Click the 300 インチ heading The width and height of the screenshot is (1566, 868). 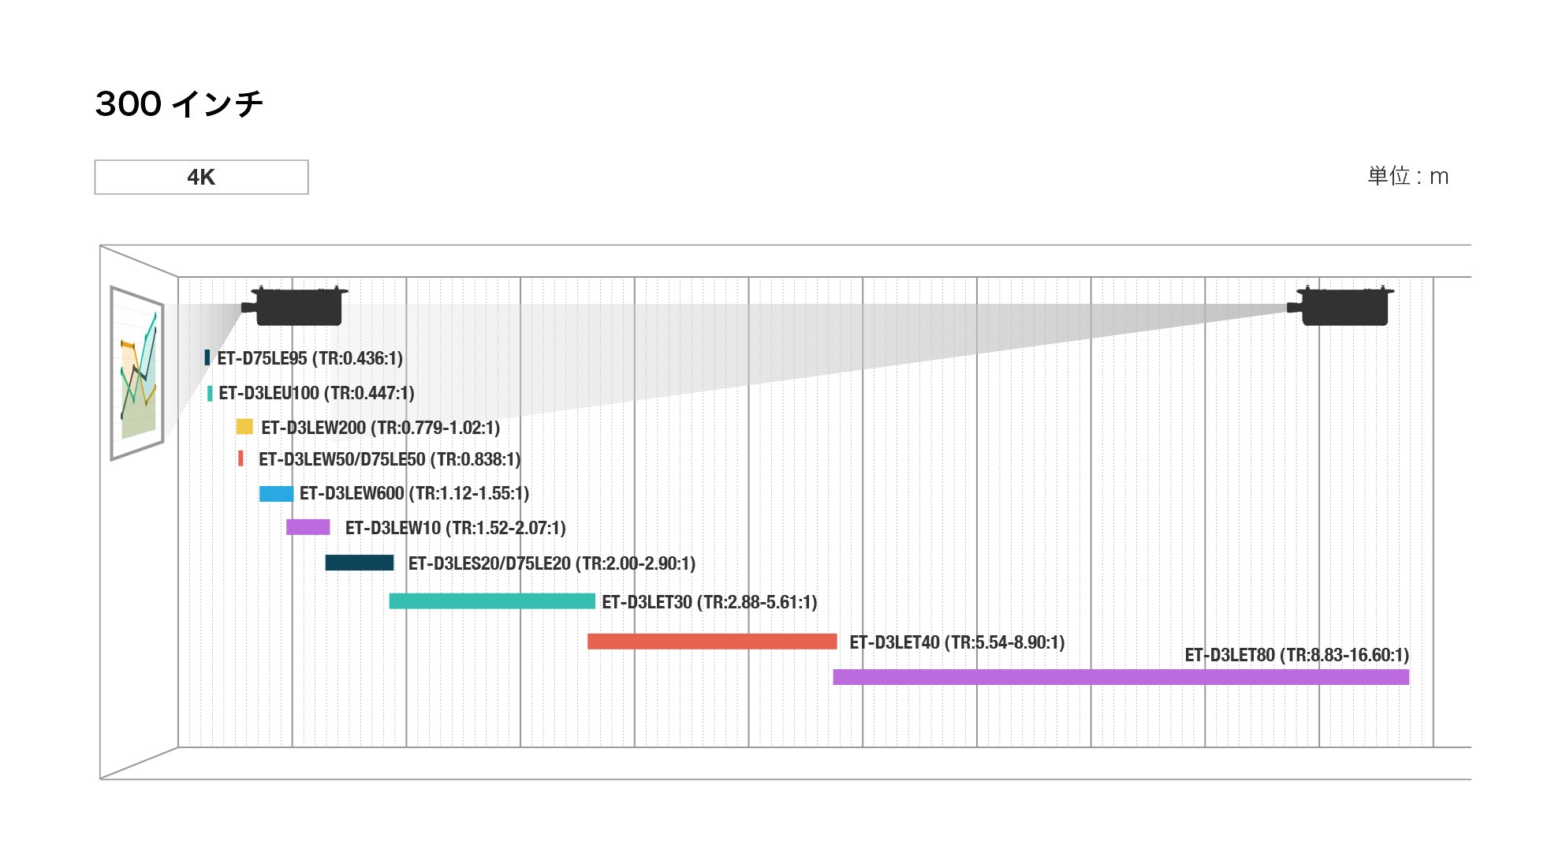(x=179, y=104)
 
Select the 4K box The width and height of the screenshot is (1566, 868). (x=201, y=177)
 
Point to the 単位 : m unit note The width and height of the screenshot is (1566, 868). (x=1408, y=176)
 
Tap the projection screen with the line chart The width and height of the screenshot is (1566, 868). (x=138, y=372)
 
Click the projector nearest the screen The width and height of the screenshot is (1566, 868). (x=296, y=306)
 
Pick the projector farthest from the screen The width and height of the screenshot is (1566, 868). (x=1341, y=306)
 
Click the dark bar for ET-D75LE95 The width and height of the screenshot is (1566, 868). (x=207, y=357)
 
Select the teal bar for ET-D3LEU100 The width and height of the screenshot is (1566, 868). (x=210, y=393)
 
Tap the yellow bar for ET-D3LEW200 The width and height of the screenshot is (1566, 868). (x=244, y=427)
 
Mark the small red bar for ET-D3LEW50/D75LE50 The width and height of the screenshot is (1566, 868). (x=240, y=458)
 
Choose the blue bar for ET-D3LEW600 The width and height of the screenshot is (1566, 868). (x=276, y=494)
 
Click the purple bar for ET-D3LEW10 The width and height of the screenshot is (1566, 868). (x=308, y=527)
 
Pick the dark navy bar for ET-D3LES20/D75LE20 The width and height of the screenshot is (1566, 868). (x=360, y=563)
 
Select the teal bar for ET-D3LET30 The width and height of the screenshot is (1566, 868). (x=492, y=601)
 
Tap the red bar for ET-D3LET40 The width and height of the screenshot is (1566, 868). (x=712, y=642)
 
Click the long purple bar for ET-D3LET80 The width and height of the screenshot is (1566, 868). (x=1120, y=677)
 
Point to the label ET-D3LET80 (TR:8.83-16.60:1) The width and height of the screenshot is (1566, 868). (x=1296, y=655)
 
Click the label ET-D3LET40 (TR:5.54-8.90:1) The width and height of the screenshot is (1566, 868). (x=956, y=642)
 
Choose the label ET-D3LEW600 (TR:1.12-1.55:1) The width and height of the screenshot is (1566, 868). (x=414, y=493)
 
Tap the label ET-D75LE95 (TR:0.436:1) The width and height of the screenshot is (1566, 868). (x=310, y=358)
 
